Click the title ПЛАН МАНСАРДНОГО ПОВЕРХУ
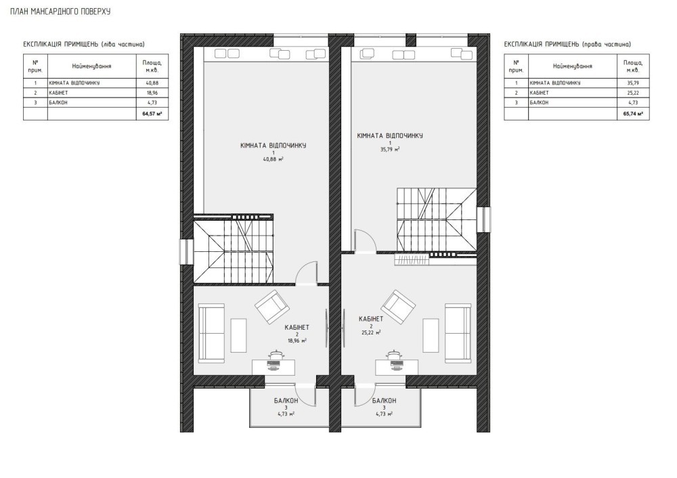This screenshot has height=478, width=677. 60,12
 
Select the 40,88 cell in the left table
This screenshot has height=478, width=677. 152,83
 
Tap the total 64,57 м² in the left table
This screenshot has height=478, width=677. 152,114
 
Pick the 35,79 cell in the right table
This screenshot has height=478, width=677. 633,83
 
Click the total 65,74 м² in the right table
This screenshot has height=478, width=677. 633,114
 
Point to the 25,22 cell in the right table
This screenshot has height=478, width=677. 633,93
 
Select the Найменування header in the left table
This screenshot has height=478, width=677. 91,66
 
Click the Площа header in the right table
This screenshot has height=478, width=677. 633,66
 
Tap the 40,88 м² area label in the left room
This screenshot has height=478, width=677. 274,159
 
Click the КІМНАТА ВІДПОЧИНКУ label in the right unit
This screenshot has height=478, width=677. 390,135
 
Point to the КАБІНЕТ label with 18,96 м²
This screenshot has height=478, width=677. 297,328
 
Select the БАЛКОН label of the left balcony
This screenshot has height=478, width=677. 286,401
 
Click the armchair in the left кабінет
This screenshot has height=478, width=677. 272,307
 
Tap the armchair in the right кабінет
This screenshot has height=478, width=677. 398,307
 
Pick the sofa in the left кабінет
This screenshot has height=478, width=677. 211,333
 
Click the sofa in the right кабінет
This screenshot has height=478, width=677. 458,333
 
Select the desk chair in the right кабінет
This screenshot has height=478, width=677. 394,355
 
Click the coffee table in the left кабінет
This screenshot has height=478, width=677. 239,336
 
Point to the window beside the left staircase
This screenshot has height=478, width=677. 187,251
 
